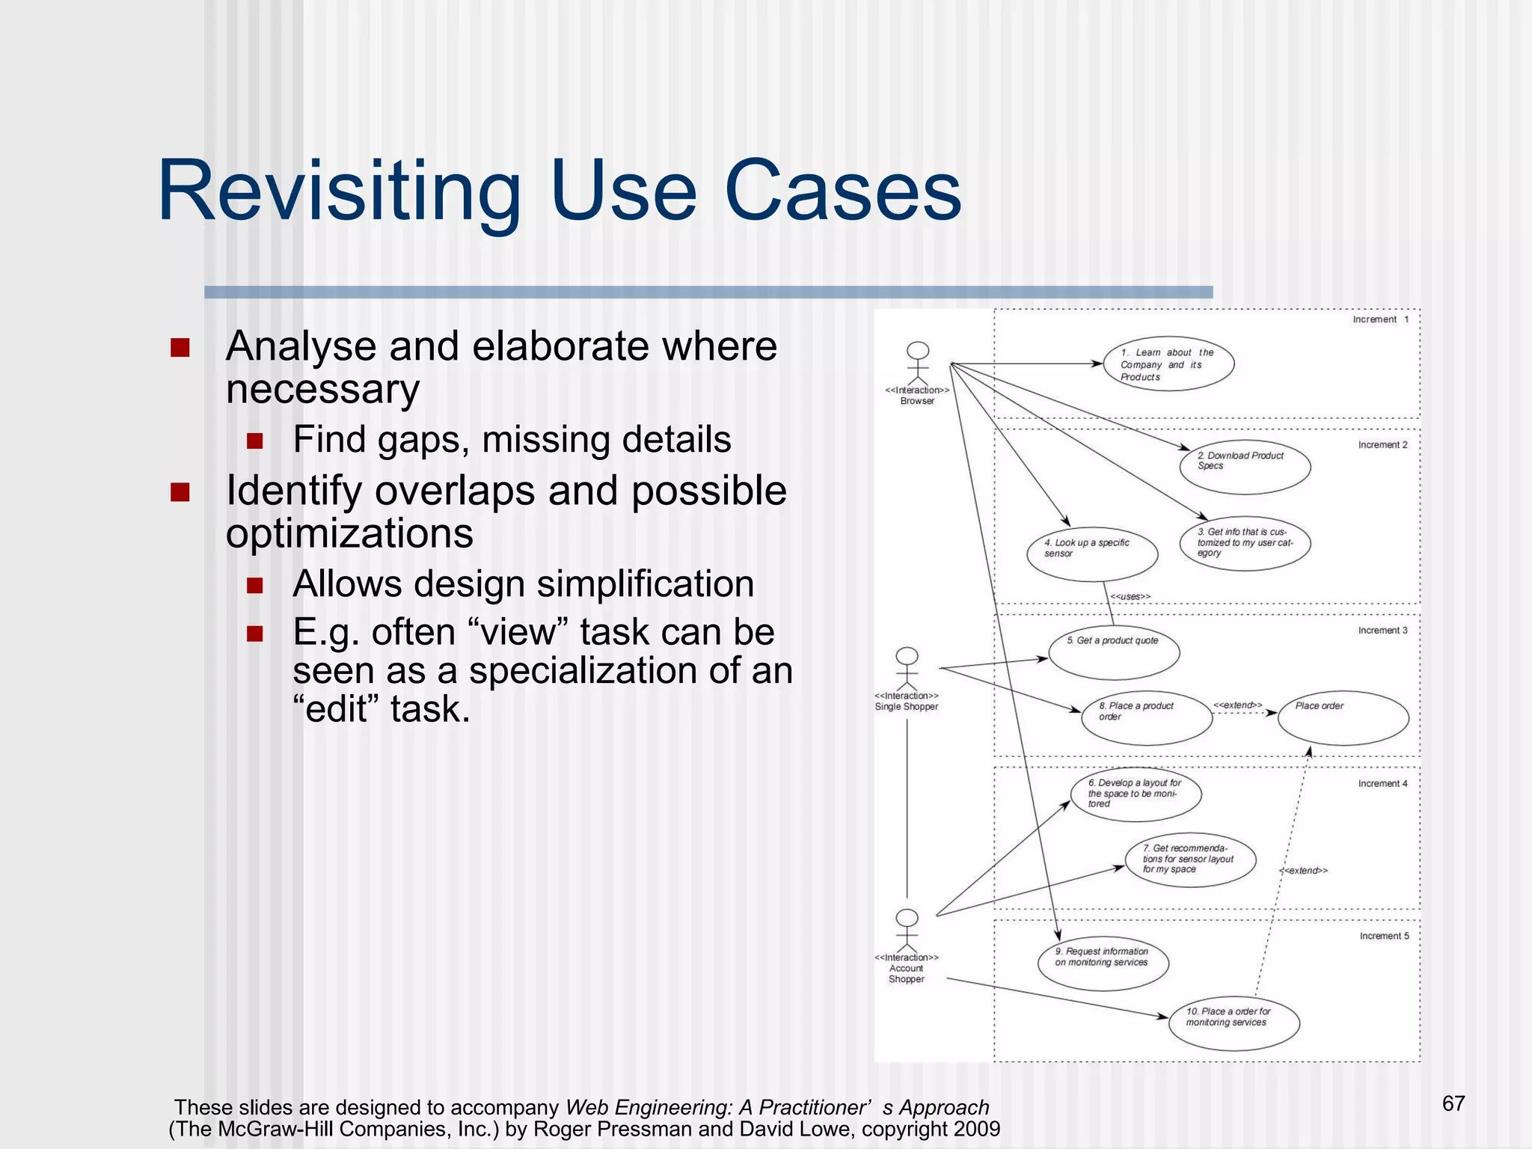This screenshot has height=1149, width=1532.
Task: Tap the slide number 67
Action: tap(1453, 1103)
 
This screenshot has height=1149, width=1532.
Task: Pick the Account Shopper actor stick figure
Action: tap(907, 931)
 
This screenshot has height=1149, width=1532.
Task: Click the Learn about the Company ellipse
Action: tap(1168, 364)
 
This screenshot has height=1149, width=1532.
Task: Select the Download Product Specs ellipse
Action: tap(1245, 468)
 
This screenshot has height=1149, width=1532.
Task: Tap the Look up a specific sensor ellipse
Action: tap(1092, 554)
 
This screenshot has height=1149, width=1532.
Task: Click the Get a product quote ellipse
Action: tap(1114, 652)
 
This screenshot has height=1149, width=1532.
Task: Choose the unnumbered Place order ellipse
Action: tap(1343, 718)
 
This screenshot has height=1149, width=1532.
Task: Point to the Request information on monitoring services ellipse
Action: tap(1103, 963)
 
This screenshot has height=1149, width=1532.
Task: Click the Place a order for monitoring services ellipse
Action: tap(1234, 1023)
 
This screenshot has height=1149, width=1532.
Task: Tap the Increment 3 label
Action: tap(1382, 631)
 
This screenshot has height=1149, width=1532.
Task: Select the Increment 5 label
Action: tap(1384, 936)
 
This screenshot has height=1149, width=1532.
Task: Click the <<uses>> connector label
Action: tap(1130, 596)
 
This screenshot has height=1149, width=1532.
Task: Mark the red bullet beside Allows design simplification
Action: tap(255, 585)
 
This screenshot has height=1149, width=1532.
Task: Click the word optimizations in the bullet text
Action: tap(349, 533)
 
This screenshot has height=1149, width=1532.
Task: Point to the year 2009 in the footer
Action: tap(976, 1129)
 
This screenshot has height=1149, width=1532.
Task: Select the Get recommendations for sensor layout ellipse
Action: tap(1190, 860)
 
